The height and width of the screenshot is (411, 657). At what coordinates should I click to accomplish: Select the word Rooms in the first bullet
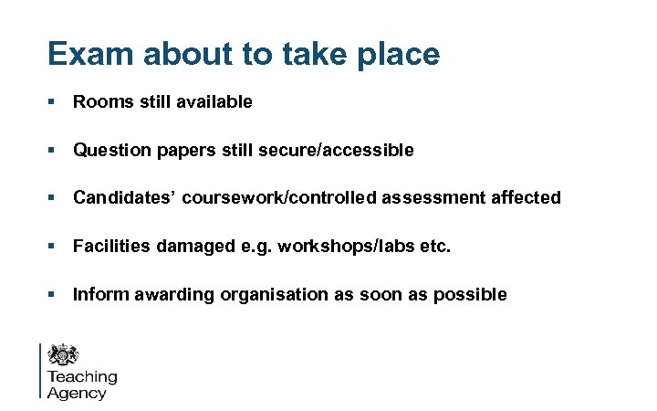[x=101, y=102]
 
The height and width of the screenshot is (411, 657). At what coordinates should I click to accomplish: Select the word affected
[x=528, y=198]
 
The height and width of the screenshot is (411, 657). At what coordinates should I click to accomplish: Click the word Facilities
[x=109, y=247]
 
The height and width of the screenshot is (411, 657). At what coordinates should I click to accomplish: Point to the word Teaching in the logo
[x=82, y=376]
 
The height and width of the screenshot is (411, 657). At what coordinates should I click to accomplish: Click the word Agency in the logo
[x=77, y=394]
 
